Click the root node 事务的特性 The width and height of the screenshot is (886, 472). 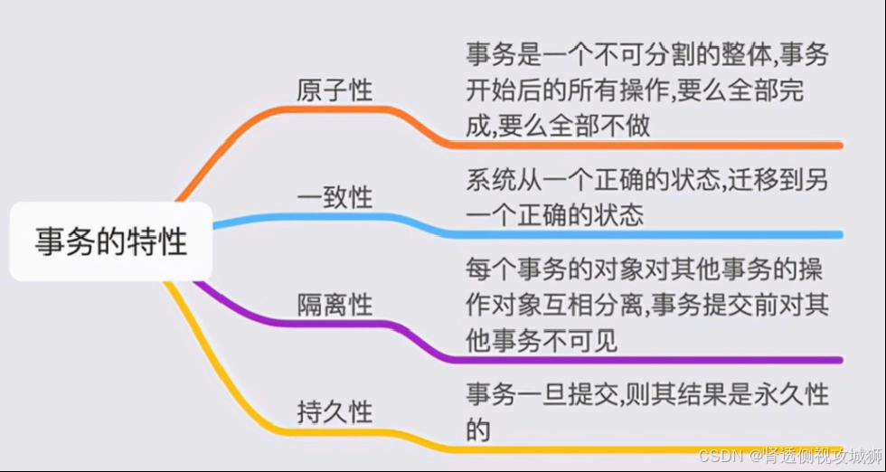click(x=111, y=241)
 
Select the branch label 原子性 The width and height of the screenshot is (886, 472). click(x=335, y=91)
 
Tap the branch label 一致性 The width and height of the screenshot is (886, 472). click(x=335, y=198)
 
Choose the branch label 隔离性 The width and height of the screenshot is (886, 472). click(x=335, y=305)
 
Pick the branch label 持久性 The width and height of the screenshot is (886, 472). click(x=335, y=412)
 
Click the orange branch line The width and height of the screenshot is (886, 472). click(x=633, y=145)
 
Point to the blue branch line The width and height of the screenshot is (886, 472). click(x=633, y=234)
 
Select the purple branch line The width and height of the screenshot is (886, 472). click(x=633, y=359)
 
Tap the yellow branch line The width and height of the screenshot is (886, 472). click(x=633, y=448)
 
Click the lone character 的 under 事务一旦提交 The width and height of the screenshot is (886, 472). click(x=478, y=430)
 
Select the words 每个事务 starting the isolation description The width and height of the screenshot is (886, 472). click(x=513, y=269)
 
